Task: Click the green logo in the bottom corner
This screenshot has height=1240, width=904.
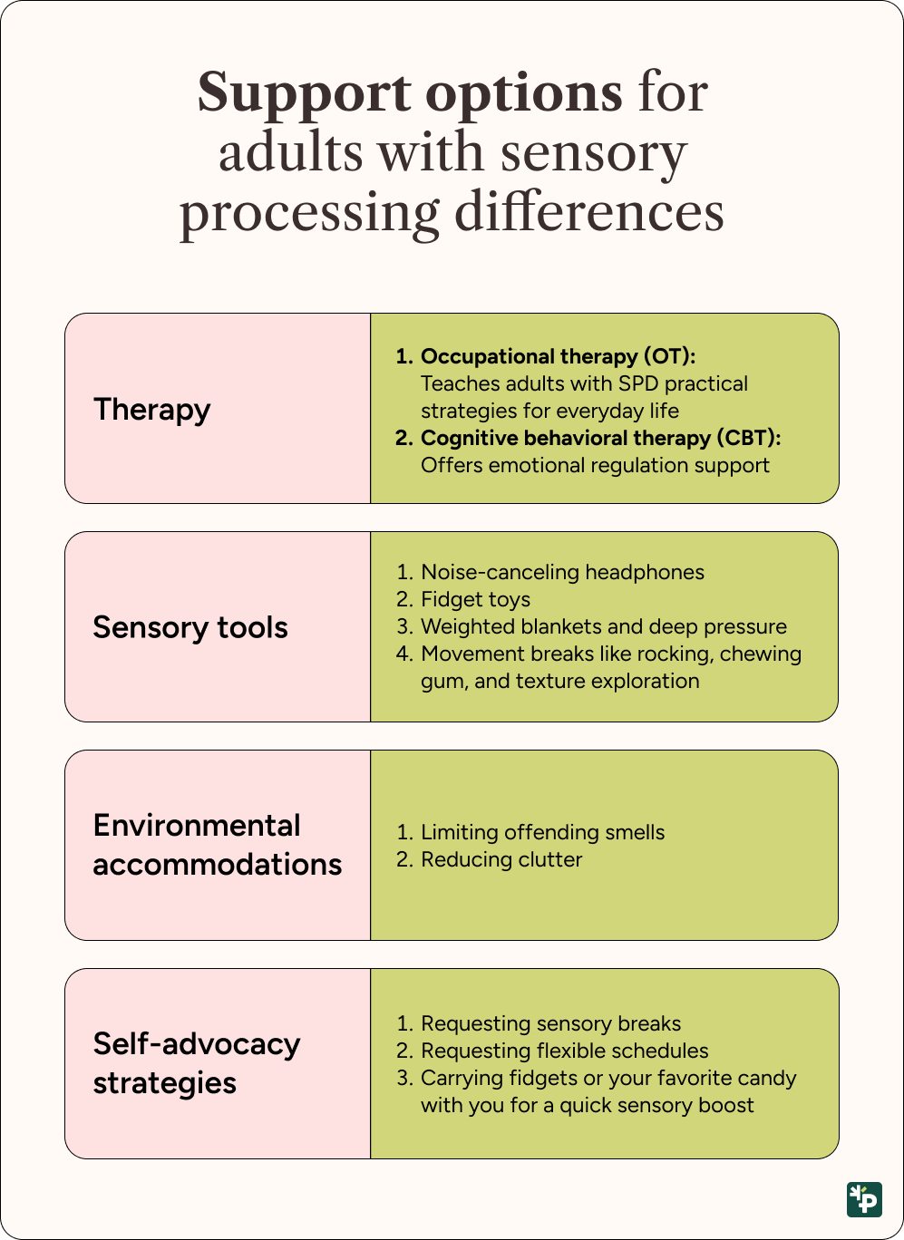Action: coord(864,1198)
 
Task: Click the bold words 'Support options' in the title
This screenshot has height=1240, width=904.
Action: coord(410,93)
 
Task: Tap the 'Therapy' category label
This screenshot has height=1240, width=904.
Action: coord(151,410)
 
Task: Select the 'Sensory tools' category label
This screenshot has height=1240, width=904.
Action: coord(190,627)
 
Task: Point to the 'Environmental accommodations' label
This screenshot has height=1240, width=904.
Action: coord(218,845)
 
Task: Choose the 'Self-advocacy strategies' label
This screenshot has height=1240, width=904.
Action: coord(196,1063)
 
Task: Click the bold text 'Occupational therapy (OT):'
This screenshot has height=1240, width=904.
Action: coord(558,356)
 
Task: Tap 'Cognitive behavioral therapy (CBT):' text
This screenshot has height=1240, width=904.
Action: coord(600,438)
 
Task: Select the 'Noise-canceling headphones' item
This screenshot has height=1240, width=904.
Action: coord(562,572)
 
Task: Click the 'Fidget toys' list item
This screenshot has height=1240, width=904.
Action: coord(475,599)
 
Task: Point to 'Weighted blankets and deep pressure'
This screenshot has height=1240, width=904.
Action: coord(604,626)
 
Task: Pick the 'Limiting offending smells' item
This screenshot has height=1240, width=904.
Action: coord(542,832)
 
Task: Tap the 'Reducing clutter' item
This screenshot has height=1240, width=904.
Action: coord(501,859)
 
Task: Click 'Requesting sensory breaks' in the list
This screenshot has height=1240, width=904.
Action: coord(550,1023)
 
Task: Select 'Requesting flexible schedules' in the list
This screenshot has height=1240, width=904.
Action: coord(565,1051)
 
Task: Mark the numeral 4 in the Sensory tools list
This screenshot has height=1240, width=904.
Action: coord(403,654)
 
